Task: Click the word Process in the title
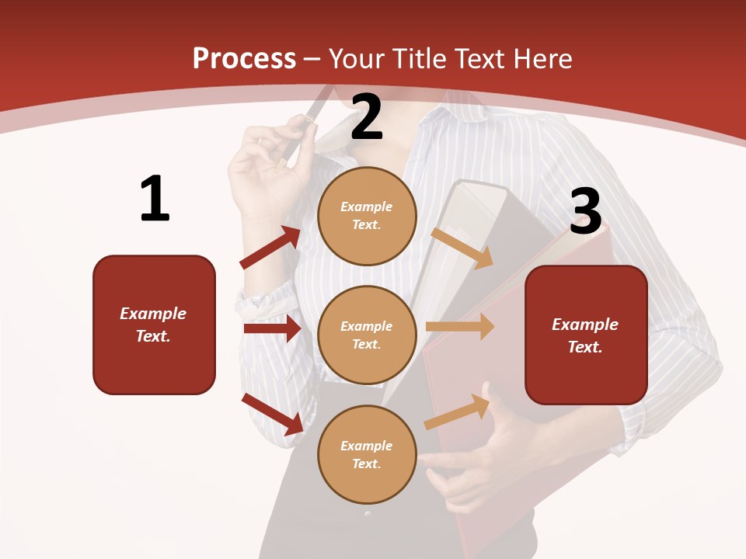(x=244, y=59)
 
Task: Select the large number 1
(x=155, y=200)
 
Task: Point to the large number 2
(x=367, y=117)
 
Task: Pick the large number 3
(x=585, y=211)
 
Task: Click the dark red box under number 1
(x=154, y=325)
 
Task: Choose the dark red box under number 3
(x=586, y=335)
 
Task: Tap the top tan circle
(x=367, y=216)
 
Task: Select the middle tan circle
(x=367, y=335)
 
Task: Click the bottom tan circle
(x=367, y=454)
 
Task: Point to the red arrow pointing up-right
(x=270, y=248)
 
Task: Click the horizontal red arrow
(x=272, y=328)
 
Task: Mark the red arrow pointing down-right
(x=273, y=414)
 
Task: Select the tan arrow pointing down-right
(x=462, y=248)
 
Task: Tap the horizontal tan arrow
(x=460, y=327)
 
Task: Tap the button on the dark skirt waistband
(x=368, y=513)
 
